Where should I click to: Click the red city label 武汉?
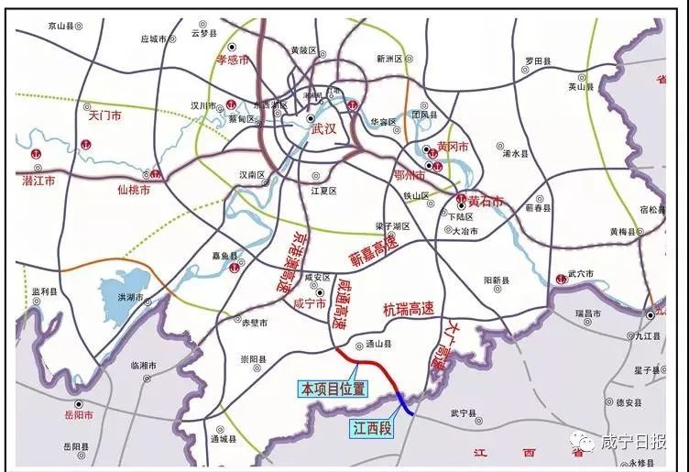point(323,129)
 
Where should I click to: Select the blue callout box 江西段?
point(372,426)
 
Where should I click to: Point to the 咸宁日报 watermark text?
point(633,444)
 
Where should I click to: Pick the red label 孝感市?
point(233,60)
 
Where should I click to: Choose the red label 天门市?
point(105,116)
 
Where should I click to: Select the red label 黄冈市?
point(453,147)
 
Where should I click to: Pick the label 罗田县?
point(538,60)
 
